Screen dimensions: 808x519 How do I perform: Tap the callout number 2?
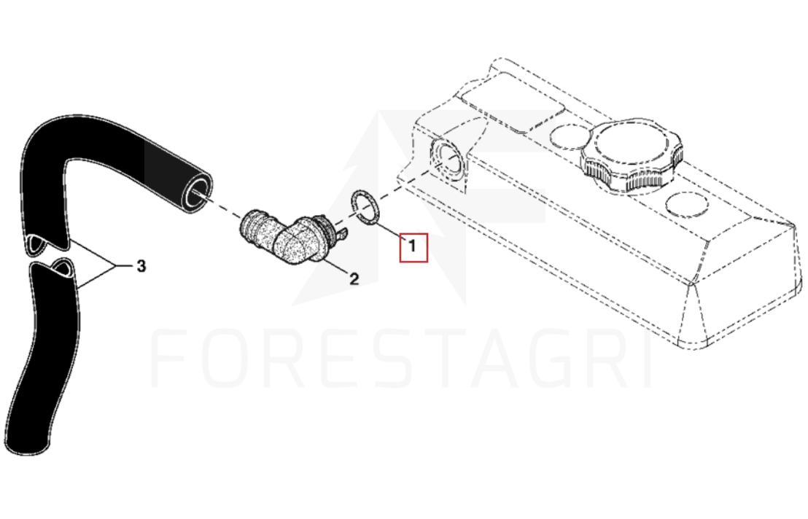[354, 279]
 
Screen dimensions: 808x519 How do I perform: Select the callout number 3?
[141, 266]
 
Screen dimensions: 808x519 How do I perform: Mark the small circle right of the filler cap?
[687, 205]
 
